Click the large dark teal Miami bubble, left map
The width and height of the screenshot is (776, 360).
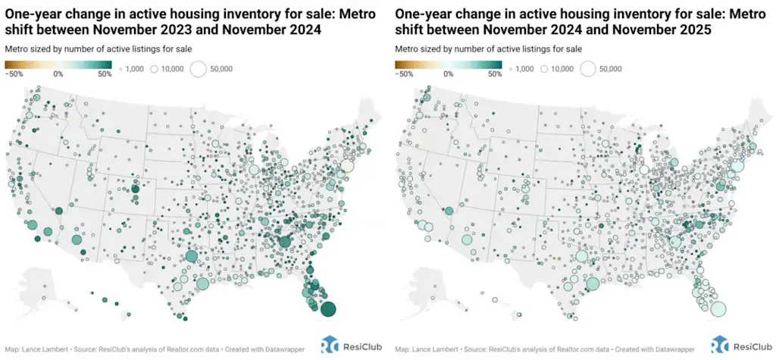pos(328,308)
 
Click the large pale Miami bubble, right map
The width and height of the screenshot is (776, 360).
pos(718,308)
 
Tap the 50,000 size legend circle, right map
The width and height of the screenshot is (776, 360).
pos(587,69)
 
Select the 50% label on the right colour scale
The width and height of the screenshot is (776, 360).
pos(495,74)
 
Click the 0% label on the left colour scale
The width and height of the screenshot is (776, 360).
pos(58,74)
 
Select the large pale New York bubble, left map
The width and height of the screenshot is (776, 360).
pos(346,165)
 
